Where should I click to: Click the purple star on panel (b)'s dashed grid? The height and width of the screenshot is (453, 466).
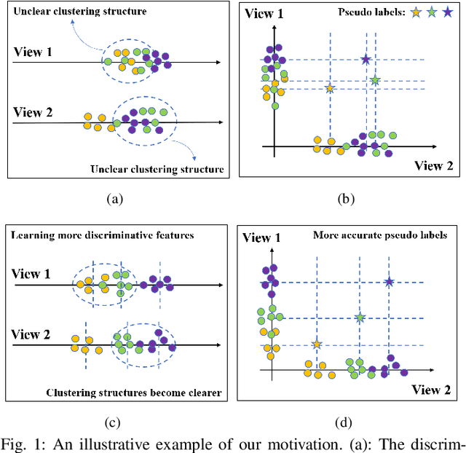click(x=366, y=60)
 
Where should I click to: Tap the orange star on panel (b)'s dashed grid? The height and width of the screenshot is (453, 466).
click(x=330, y=89)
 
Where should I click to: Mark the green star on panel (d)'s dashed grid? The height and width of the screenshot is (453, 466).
click(x=360, y=318)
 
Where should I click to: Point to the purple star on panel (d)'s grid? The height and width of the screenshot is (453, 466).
click(x=390, y=282)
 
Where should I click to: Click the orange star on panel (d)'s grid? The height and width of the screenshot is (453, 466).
click(x=316, y=344)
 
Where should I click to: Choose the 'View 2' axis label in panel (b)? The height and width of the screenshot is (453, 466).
click(x=434, y=165)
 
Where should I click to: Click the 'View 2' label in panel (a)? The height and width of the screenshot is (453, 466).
click(x=33, y=113)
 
